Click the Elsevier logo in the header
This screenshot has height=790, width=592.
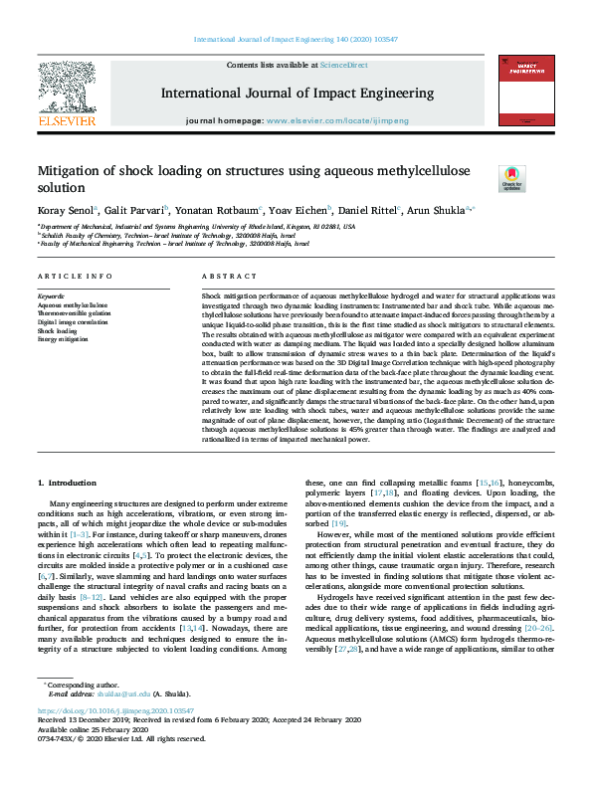[67, 94]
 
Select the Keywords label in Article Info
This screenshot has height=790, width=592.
[51, 296]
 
